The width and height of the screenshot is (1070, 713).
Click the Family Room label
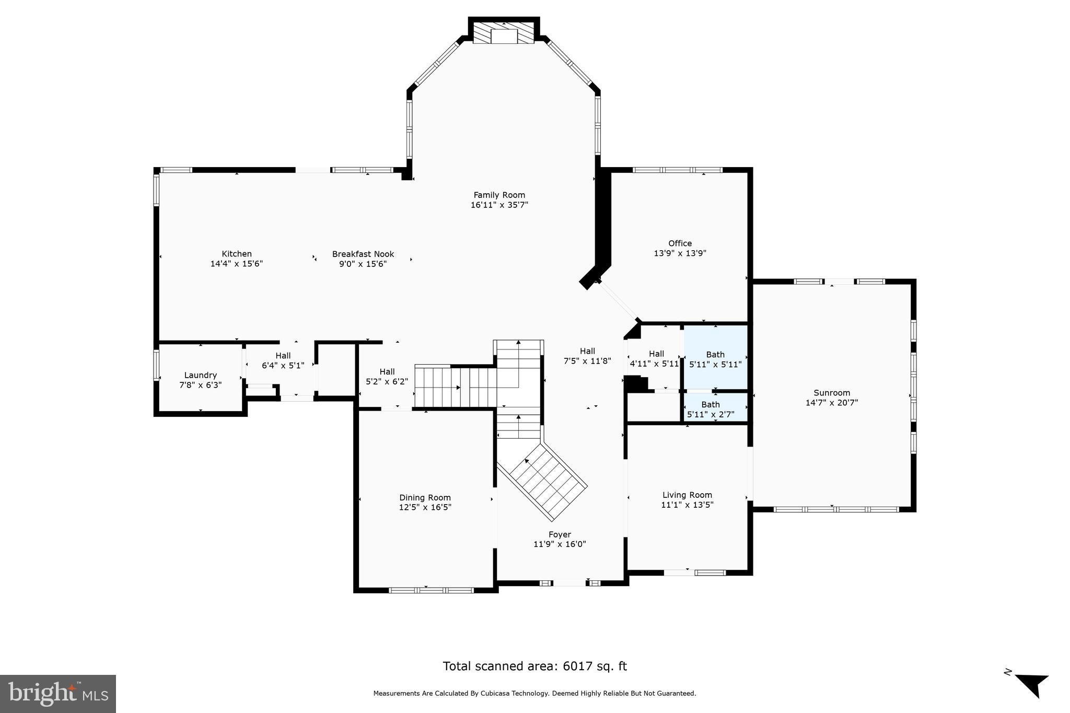pos(499,195)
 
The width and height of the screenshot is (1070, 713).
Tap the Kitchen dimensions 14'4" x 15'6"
pos(236,264)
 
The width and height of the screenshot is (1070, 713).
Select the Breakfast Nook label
pos(363,254)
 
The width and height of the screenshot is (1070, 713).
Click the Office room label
pos(680,243)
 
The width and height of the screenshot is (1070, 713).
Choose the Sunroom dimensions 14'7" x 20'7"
pos(832,403)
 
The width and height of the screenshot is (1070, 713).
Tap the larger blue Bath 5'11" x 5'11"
pos(715,359)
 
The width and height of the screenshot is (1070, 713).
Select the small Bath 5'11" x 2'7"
pos(711,410)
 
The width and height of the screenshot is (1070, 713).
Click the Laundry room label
pos(200,375)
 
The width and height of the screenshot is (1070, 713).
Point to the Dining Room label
pos(425,498)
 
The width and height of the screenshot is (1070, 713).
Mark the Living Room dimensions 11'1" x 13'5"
pos(687,505)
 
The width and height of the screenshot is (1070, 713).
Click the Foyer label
pos(560,534)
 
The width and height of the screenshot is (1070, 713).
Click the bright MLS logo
pos(58,694)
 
